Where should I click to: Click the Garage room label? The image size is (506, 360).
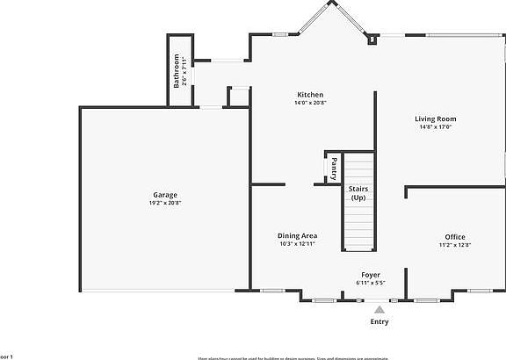165,195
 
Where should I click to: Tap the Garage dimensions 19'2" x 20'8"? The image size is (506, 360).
165,203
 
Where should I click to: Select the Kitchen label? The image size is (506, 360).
310,95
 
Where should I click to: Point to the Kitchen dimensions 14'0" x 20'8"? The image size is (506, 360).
310,103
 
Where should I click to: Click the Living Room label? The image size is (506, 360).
436,119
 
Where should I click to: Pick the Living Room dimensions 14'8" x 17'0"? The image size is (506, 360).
436,126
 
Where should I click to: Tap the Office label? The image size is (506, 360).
454,237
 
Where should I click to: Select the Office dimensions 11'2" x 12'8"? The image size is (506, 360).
454,245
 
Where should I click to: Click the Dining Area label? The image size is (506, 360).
297,235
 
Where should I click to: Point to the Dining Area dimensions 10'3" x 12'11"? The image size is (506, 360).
297,243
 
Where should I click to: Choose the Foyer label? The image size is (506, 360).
371,275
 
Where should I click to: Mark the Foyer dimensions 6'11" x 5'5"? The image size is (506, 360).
371,283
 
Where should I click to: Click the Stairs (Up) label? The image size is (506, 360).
358,193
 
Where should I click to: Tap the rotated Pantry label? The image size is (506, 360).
334,168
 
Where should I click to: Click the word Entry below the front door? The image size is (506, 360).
379,321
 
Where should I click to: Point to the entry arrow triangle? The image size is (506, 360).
379,309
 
